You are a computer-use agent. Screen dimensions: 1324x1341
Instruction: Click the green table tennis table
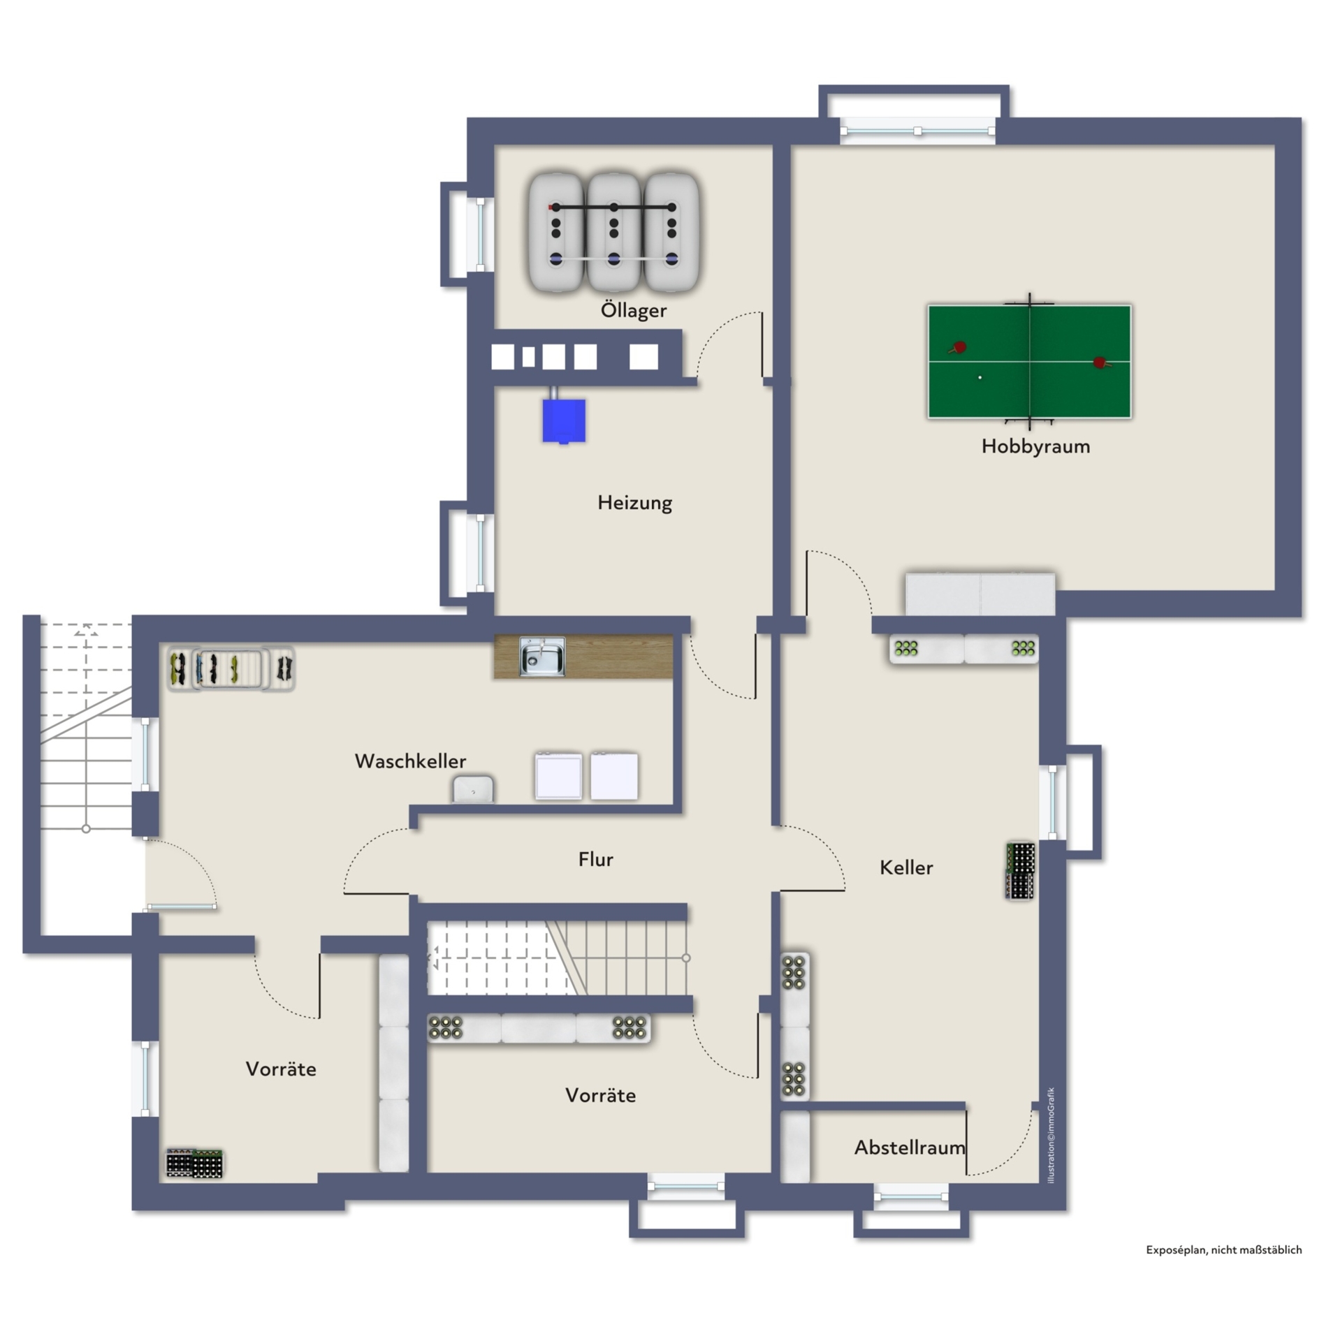(x=1029, y=361)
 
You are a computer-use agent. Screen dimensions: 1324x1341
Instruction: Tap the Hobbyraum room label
(x=1035, y=446)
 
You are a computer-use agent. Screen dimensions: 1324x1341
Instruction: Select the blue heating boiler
(x=564, y=420)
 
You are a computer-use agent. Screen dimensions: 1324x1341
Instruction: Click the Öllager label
(x=634, y=310)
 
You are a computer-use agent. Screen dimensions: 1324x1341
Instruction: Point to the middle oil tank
(x=613, y=232)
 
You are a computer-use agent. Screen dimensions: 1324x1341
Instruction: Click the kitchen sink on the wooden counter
(x=541, y=656)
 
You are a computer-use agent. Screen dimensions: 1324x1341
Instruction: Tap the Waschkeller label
(x=410, y=761)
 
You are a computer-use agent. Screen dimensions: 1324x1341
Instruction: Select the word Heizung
(x=634, y=503)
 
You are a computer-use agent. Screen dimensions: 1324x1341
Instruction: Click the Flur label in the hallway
(x=595, y=859)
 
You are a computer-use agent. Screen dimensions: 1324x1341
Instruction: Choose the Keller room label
(x=906, y=867)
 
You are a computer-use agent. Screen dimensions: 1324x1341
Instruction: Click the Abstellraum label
(x=910, y=1147)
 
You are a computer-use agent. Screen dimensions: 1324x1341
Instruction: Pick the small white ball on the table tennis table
(x=980, y=377)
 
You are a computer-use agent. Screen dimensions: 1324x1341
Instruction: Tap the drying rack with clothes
(x=231, y=668)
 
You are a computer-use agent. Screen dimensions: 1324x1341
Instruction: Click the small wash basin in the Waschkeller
(x=473, y=789)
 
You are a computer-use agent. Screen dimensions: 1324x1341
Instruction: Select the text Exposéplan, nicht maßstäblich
(x=1223, y=1250)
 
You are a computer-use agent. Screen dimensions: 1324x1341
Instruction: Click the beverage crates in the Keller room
(x=1020, y=870)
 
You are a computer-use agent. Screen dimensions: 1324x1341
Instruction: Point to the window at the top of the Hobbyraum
(x=917, y=131)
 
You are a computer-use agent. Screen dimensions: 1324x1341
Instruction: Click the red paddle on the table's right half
(x=1101, y=362)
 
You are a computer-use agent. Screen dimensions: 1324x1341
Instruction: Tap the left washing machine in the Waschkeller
(x=558, y=775)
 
